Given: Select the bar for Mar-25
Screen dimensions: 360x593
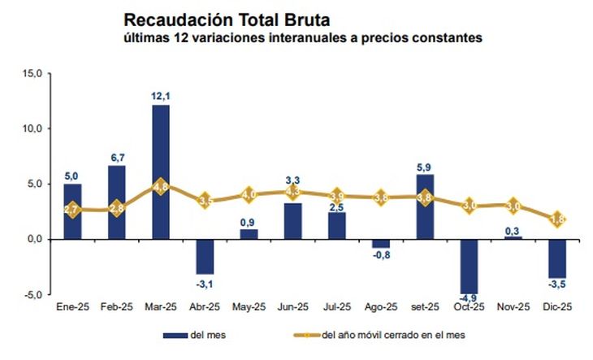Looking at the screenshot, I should tap(161, 171).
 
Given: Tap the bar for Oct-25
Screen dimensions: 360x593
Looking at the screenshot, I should tap(469, 265).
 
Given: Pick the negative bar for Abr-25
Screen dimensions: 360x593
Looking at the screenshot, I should tap(205, 256).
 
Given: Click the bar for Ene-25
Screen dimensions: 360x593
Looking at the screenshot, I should tap(73, 211).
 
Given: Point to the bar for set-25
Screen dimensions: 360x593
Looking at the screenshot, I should tap(425, 206).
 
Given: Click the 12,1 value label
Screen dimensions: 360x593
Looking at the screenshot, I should tap(161, 97).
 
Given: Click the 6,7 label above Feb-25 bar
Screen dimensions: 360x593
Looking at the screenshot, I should tap(117, 157).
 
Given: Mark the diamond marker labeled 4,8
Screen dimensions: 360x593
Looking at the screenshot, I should tap(161, 186).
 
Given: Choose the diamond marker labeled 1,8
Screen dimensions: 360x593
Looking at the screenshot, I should tap(557, 219).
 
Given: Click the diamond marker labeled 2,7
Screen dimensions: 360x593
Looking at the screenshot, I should tap(73, 210).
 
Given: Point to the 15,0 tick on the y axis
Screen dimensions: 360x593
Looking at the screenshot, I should tap(32, 74).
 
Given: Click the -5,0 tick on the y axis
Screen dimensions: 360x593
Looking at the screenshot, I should tap(32, 294).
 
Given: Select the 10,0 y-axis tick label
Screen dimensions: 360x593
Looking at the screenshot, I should tap(32, 129).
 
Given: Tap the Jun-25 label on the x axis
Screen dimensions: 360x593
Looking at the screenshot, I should tap(292, 308).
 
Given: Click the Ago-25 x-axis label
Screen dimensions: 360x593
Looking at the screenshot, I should tap(381, 308).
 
